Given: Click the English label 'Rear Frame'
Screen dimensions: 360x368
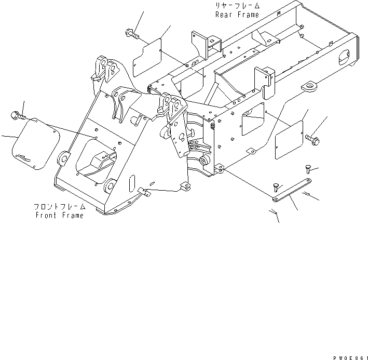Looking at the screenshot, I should pos(237,15).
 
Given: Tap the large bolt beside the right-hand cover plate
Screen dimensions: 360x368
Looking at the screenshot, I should pos(312,138).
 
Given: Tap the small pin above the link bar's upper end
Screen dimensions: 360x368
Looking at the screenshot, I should pos(306,167).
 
